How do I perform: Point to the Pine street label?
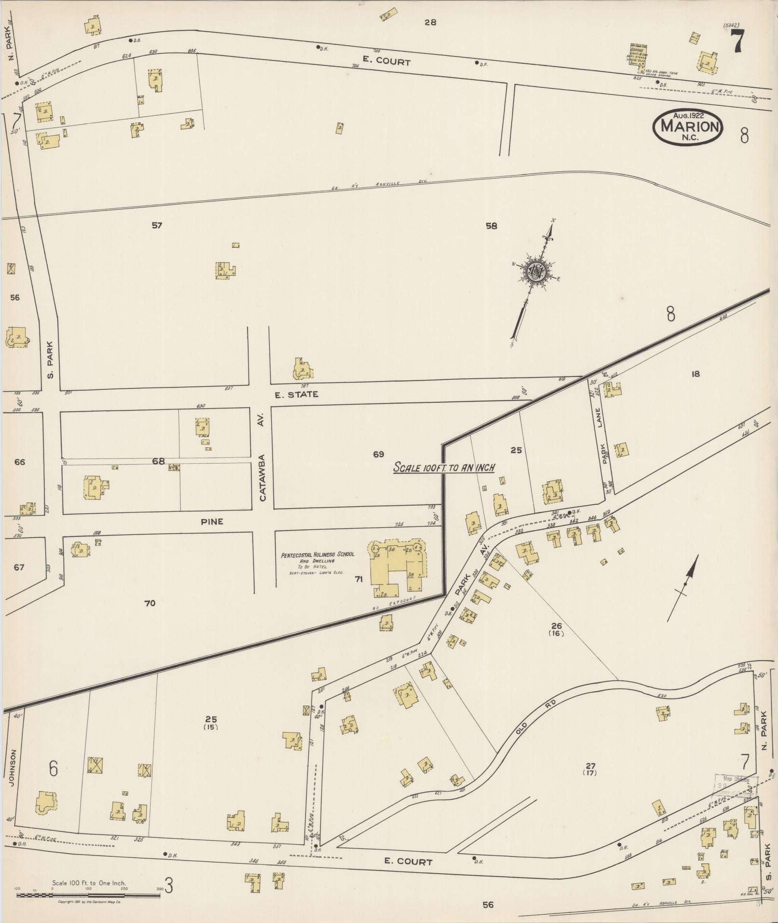point(212,522)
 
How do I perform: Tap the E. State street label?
point(296,394)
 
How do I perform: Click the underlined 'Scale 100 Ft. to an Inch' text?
point(444,467)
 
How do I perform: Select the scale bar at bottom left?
point(88,895)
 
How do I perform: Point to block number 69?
point(378,454)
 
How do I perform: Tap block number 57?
point(157,225)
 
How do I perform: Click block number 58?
point(491,225)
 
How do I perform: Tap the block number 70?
point(150,603)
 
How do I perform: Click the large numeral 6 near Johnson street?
point(53,768)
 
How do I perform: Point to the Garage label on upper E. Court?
point(639,49)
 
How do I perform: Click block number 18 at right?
point(695,373)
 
